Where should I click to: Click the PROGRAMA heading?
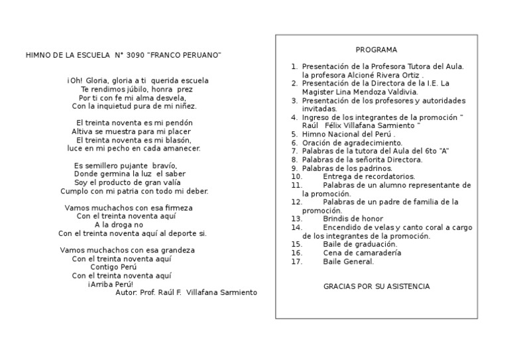point(376,50)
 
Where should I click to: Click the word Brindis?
point(336,218)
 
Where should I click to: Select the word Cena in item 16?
point(331,253)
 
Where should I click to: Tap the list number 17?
point(296,261)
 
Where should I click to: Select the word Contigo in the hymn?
point(104,267)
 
